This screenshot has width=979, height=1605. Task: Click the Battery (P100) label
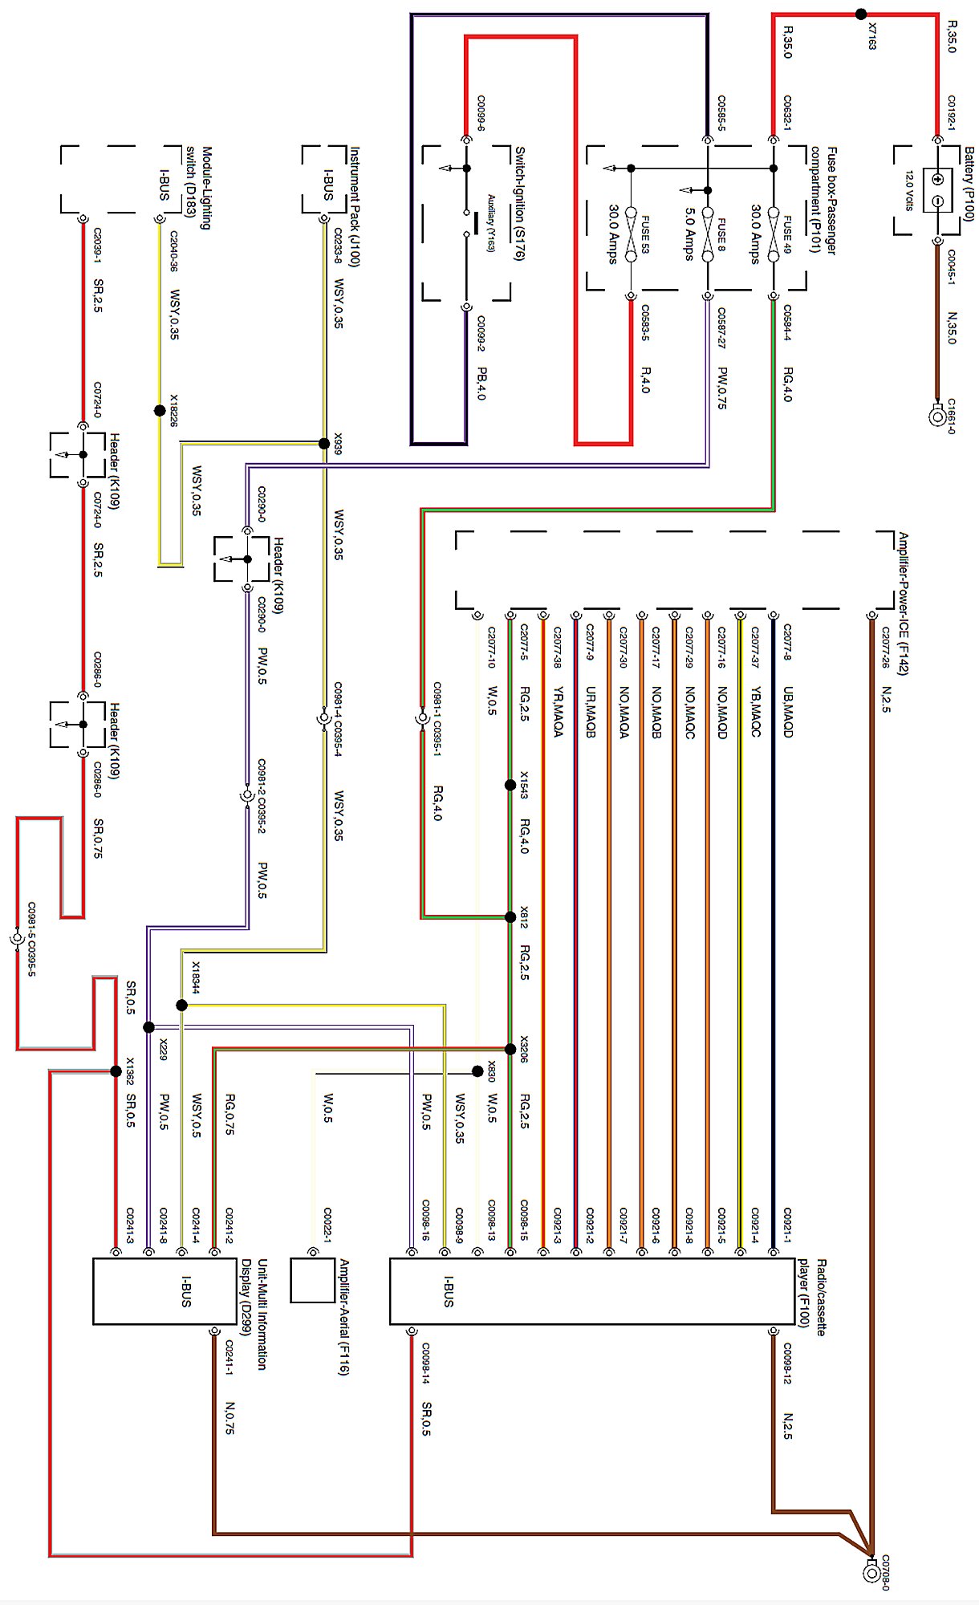click(x=969, y=184)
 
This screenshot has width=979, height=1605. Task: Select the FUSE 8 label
click(x=721, y=233)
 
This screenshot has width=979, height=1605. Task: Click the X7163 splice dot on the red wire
click(x=861, y=14)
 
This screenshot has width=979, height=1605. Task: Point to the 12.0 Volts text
click(x=909, y=190)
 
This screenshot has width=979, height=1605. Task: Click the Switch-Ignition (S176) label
click(x=519, y=203)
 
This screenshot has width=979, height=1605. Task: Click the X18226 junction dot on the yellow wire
click(x=160, y=411)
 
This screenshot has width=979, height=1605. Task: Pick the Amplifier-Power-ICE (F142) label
click(x=903, y=603)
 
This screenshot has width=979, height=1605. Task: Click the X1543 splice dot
click(x=510, y=785)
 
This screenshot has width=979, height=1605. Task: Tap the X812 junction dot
click(x=510, y=916)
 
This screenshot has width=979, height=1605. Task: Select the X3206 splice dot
click(x=510, y=1049)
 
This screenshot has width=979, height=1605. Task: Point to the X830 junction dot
click(x=477, y=1071)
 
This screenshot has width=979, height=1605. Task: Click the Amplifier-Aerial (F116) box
click(x=312, y=1281)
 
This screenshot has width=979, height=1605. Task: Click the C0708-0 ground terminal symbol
click(x=871, y=1572)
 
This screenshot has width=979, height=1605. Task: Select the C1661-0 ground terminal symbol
click(x=936, y=416)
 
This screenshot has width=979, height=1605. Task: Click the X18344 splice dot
click(x=182, y=1005)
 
